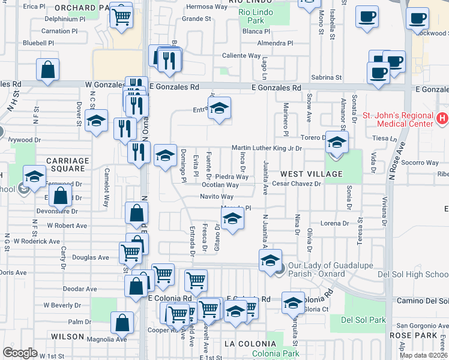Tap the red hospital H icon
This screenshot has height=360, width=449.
pos(442,119)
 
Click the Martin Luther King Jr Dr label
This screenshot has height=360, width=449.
pos(267,148)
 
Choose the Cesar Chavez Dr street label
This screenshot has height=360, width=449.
pos(296,184)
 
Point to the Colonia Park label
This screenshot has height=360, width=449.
pos(276,353)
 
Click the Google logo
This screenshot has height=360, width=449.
pos(20,353)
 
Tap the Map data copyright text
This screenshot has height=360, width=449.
pos(424,355)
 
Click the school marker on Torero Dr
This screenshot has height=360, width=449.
pos(337,143)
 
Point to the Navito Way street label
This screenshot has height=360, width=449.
pos(217,196)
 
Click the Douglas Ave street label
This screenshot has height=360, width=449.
pos(91,257)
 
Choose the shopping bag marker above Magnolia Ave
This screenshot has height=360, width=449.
pos(122,323)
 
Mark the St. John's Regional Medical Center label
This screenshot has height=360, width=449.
pos(398,119)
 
